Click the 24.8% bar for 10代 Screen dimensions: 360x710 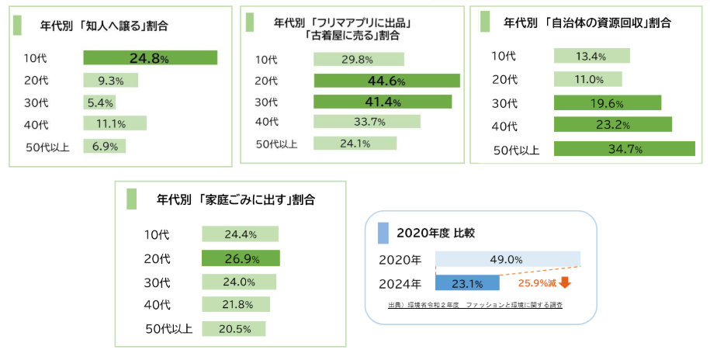click(150, 57)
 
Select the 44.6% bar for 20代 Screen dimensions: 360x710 click(386, 81)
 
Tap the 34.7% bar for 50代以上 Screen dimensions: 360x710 click(624, 149)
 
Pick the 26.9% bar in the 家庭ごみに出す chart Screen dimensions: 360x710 click(241, 258)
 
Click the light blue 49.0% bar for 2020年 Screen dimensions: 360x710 click(507, 260)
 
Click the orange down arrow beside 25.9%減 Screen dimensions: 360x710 click(565, 284)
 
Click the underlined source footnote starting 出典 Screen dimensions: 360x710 click(475, 306)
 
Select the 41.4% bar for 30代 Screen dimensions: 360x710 click(383, 102)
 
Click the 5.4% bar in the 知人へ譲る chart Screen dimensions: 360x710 click(99, 102)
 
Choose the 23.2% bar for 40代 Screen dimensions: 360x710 click(612, 124)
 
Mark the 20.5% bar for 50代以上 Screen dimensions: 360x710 click(234, 328)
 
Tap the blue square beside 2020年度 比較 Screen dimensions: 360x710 click(383, 233)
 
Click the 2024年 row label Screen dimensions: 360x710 click(400, 284)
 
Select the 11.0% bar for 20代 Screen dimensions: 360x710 click(587, 79)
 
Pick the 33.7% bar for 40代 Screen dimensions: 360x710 click(366, 121)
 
